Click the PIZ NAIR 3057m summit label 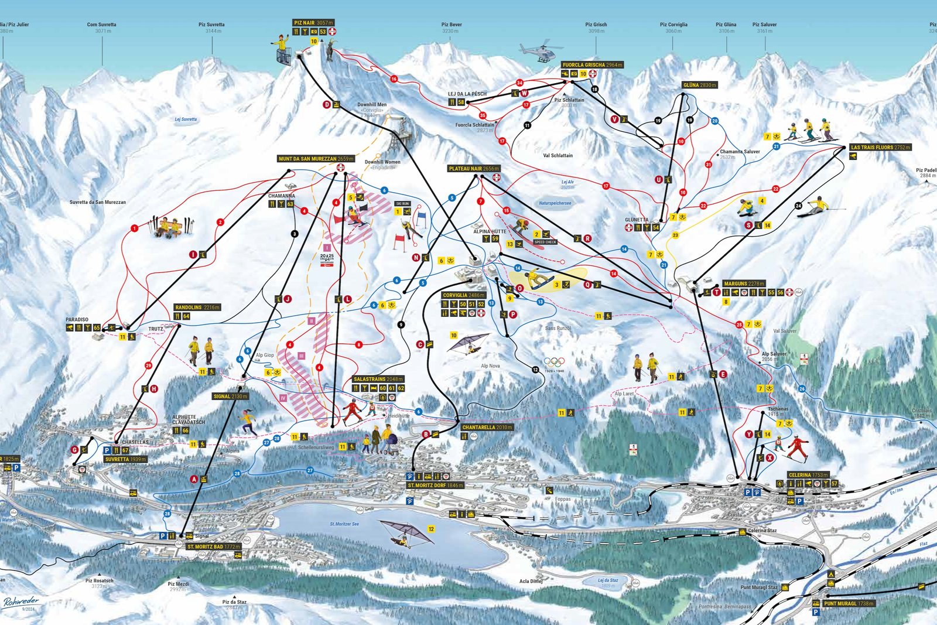[x=313, y=23]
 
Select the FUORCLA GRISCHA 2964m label [x=592, y=65]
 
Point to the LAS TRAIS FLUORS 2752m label [x=880, y=148]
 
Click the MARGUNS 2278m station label [x=744, y=284]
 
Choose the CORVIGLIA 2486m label [x=464, y=295]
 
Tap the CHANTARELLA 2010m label [x=487, y=428]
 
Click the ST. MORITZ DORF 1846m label [x=435, y=486]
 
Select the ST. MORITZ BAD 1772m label [x=213, y=547]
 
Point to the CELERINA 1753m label [x=808, y=475]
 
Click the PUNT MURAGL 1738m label [x=849, y=603]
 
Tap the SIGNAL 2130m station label [x=230, y=397]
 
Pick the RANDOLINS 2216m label [x=197, y=308]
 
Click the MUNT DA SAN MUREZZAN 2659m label [x=316, y=159]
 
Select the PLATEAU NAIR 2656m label [x=473, y=169]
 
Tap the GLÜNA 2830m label [x=700, y=86]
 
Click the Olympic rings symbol [x=555, y=362]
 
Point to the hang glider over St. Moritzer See [x=403, y=532]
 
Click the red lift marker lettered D [x=327, y=105]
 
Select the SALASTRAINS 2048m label [x=378, y=380]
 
